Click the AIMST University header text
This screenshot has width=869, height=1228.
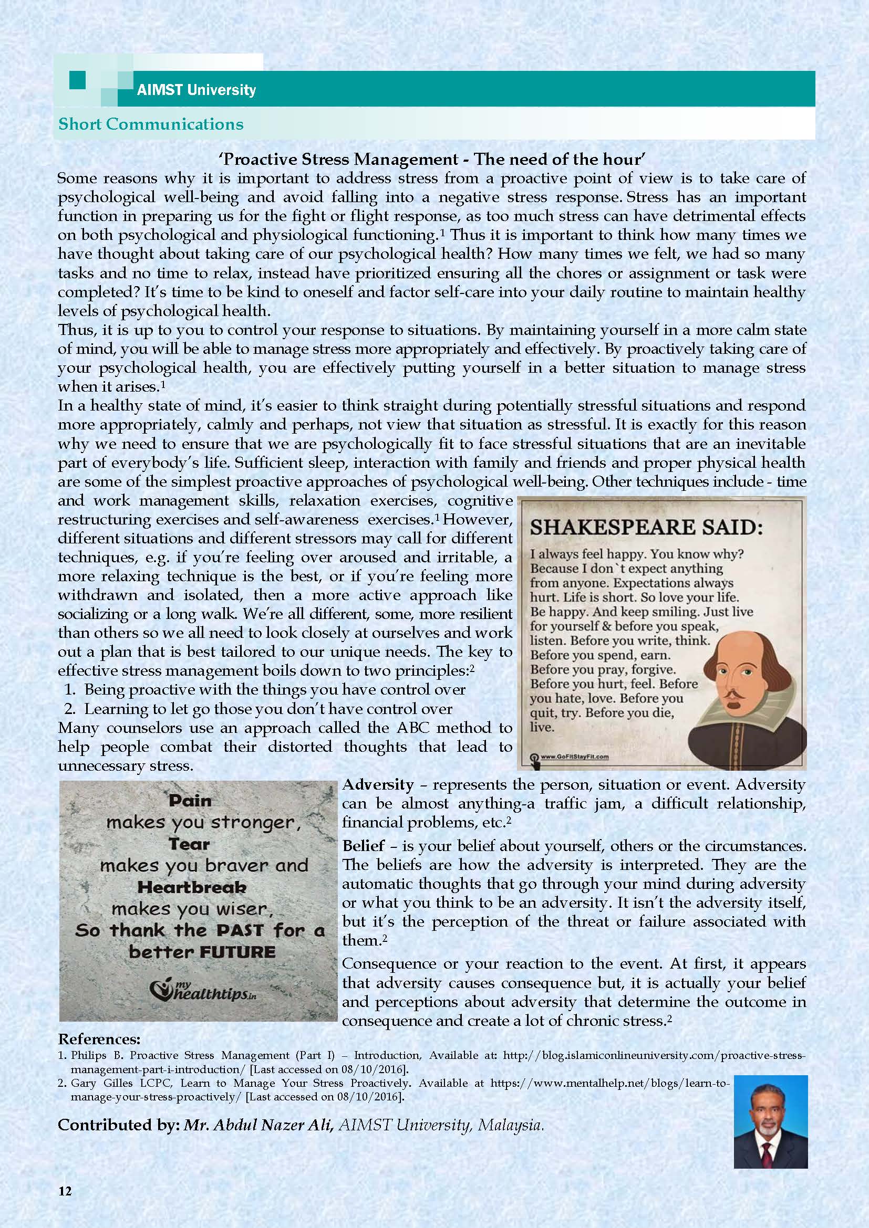pyautogui.click(x=196, y=89)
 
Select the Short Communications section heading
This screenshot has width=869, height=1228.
pyautogui.click(x=150, y=124)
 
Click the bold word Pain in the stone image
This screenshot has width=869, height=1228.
pyautogui.click(x=190, y=801)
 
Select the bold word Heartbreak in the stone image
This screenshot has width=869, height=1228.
pyautogui.click(x=192, y=887)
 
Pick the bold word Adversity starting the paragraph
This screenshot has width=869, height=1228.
pyautogui.click(x=377, y=784)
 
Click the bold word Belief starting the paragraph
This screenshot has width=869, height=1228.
pyautogui.click(x=364, y=846)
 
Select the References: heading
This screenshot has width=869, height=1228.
pyautogui.click(x=99, y=1038)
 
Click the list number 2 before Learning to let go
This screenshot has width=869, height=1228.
pyautogui.click(x=69, y=709)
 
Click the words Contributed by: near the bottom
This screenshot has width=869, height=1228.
pyautogui.click(x=118, y=1125)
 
